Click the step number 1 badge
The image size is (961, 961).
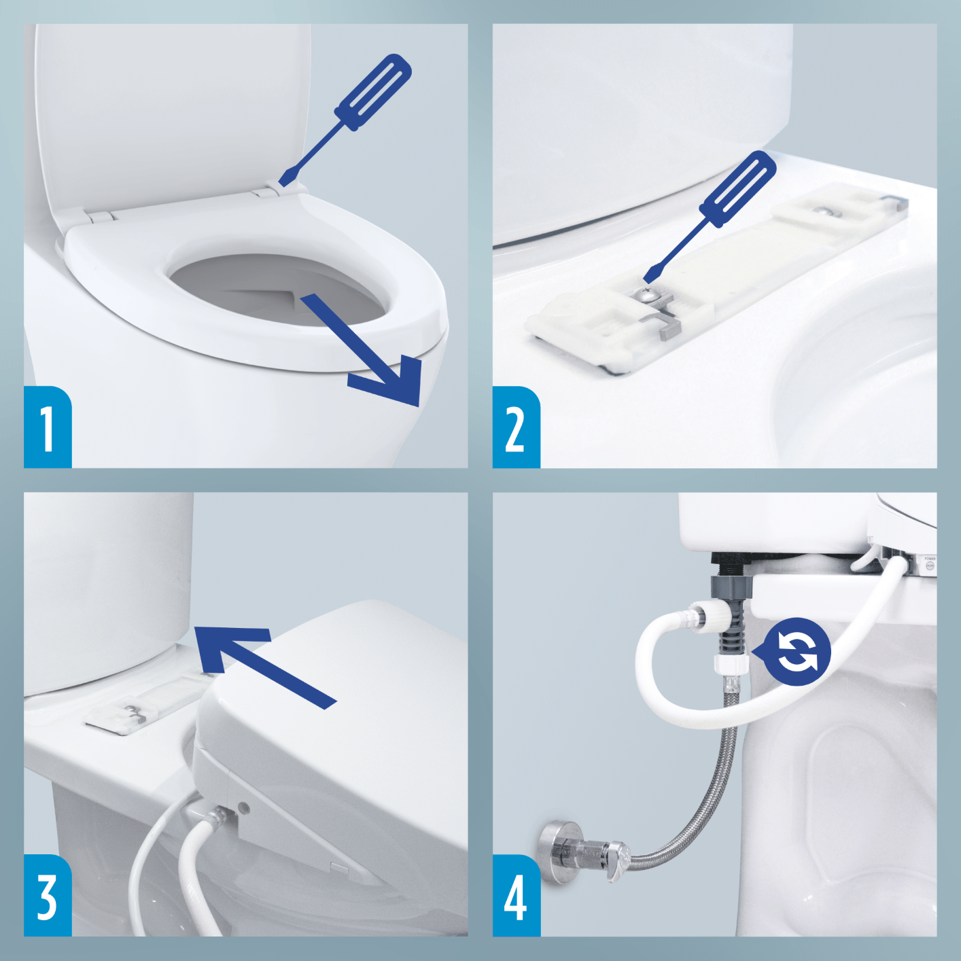(48, 427)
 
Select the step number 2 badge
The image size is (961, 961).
(516, 427)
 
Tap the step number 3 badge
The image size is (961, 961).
(48, 896)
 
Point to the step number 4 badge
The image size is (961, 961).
(516, 896)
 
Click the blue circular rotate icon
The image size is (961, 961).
(797, 652)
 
